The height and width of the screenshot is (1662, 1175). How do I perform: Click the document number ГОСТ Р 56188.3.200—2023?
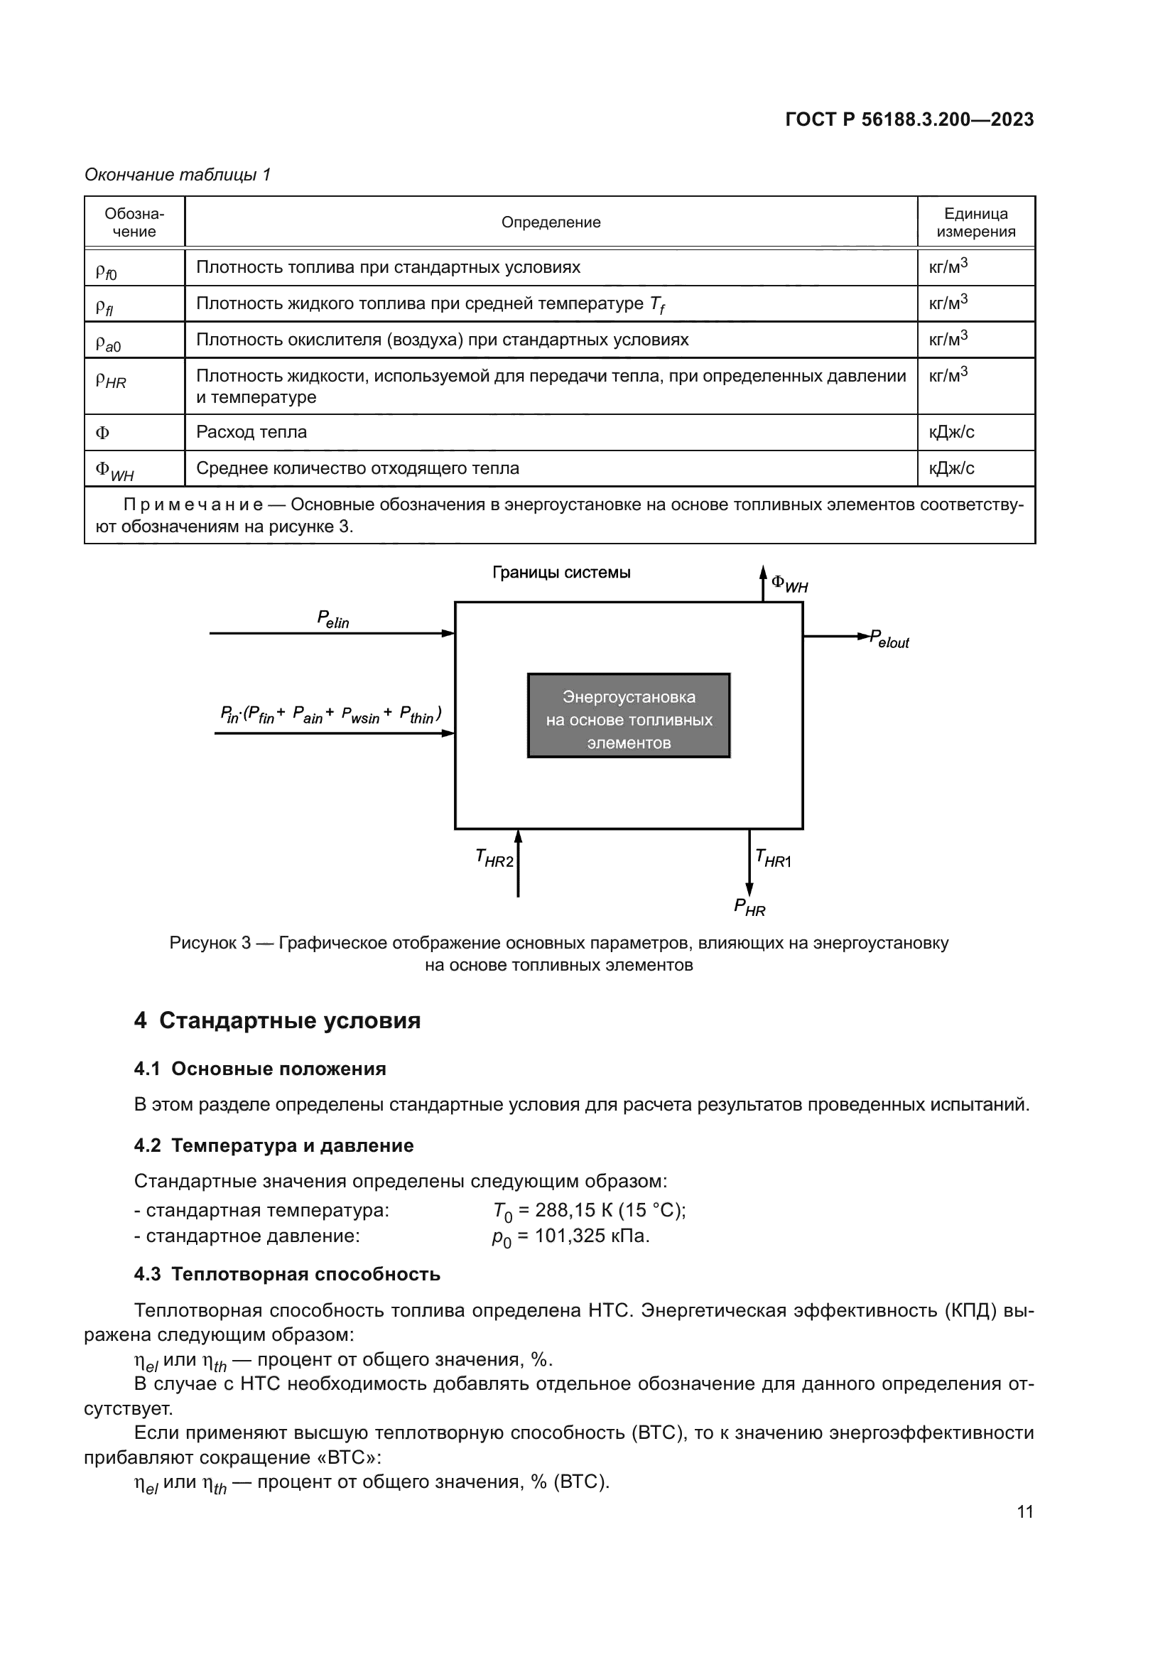click(909, 119)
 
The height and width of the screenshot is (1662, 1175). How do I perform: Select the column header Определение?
click(551, 222)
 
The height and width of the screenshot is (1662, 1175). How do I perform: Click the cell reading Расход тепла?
click(251, 432)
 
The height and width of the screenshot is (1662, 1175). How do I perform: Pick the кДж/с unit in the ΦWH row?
click(951, 468)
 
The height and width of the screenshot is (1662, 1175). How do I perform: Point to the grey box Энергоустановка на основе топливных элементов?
click(628, 716)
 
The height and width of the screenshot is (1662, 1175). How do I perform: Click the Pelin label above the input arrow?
click(332, 620)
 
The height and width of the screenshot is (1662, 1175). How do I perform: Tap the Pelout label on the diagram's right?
click(889, 640)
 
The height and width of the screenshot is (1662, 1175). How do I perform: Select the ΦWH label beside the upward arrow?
click(789, 583)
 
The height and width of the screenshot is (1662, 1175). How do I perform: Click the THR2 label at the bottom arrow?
click(494, 858)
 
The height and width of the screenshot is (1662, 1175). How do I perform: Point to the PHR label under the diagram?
click(749, 907)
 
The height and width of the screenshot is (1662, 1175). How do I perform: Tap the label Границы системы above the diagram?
click(561, 573)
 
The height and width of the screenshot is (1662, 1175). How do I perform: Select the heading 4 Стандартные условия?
click(277, 1020)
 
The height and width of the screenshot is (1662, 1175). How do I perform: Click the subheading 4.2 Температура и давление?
click(274, 1146)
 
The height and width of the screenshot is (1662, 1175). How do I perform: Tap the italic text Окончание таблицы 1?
click(178, 175)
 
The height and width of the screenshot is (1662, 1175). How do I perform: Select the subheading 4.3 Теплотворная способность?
click(286, 1274)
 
